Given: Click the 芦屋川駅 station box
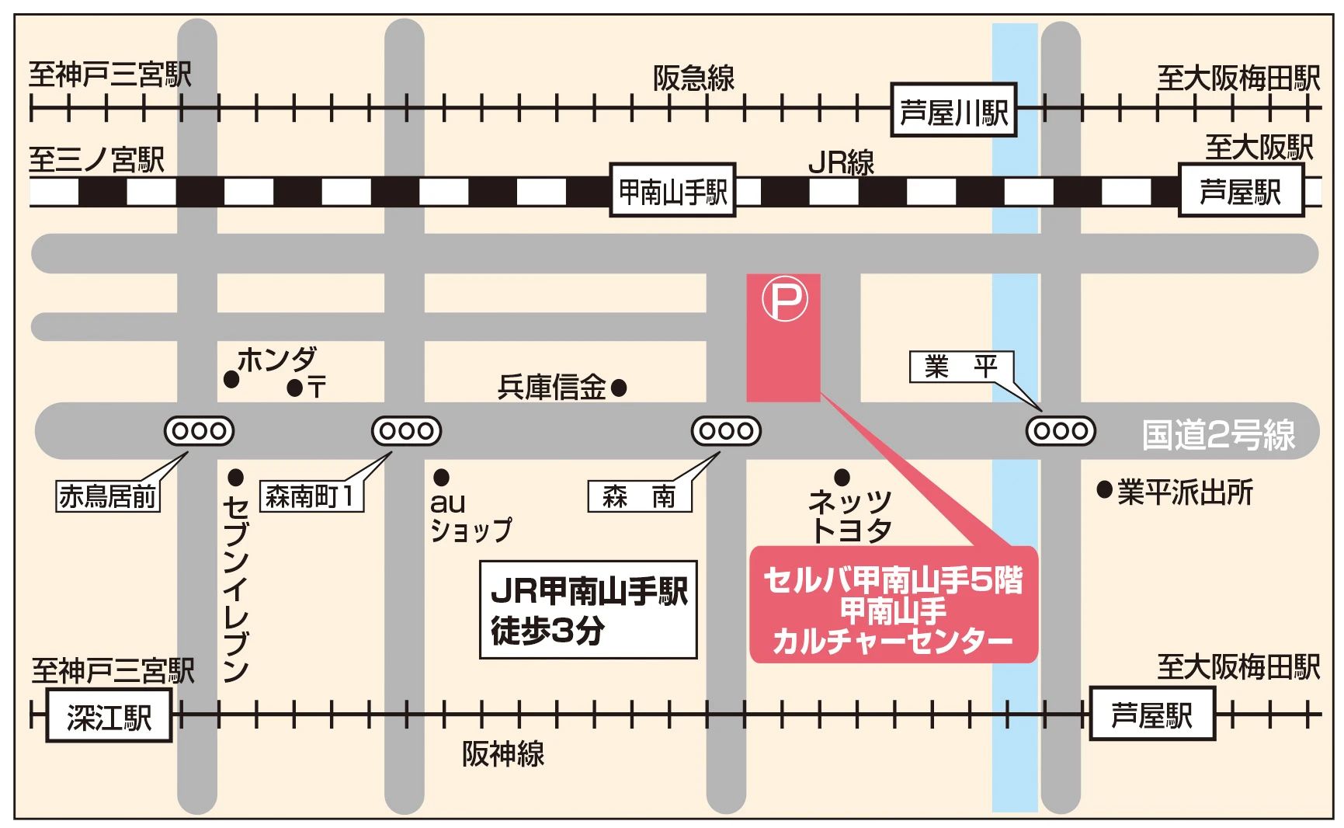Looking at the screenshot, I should coord(953,110).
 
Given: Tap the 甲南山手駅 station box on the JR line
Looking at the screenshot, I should coord(672,190).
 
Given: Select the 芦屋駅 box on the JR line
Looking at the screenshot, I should coord(1240,190).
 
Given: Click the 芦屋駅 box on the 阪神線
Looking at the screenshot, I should coord(1151,713).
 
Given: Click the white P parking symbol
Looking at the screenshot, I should coord(784,300).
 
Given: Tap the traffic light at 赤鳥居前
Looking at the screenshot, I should coord(199,430).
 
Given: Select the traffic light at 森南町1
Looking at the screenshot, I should coord(406,430).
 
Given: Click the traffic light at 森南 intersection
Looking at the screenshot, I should coord(726,430).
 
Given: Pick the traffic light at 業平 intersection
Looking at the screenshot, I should coord(1061,430).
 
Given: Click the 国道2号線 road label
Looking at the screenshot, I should coord(1217,434).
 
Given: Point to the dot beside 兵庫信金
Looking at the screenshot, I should coord(619,387).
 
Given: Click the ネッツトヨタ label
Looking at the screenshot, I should coord(849,514).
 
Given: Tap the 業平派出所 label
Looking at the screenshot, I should coord(1185,492).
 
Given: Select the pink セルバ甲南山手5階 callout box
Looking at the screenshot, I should coord(893,605).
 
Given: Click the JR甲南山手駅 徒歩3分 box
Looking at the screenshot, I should coord(588,610).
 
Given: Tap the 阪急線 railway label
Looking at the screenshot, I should coord(693,77).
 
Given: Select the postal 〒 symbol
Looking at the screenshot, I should coord(316,387).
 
